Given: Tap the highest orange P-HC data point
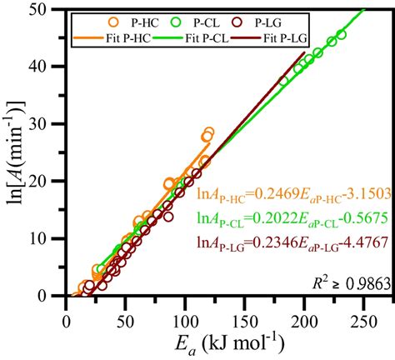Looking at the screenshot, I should (x=209, y=132).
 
